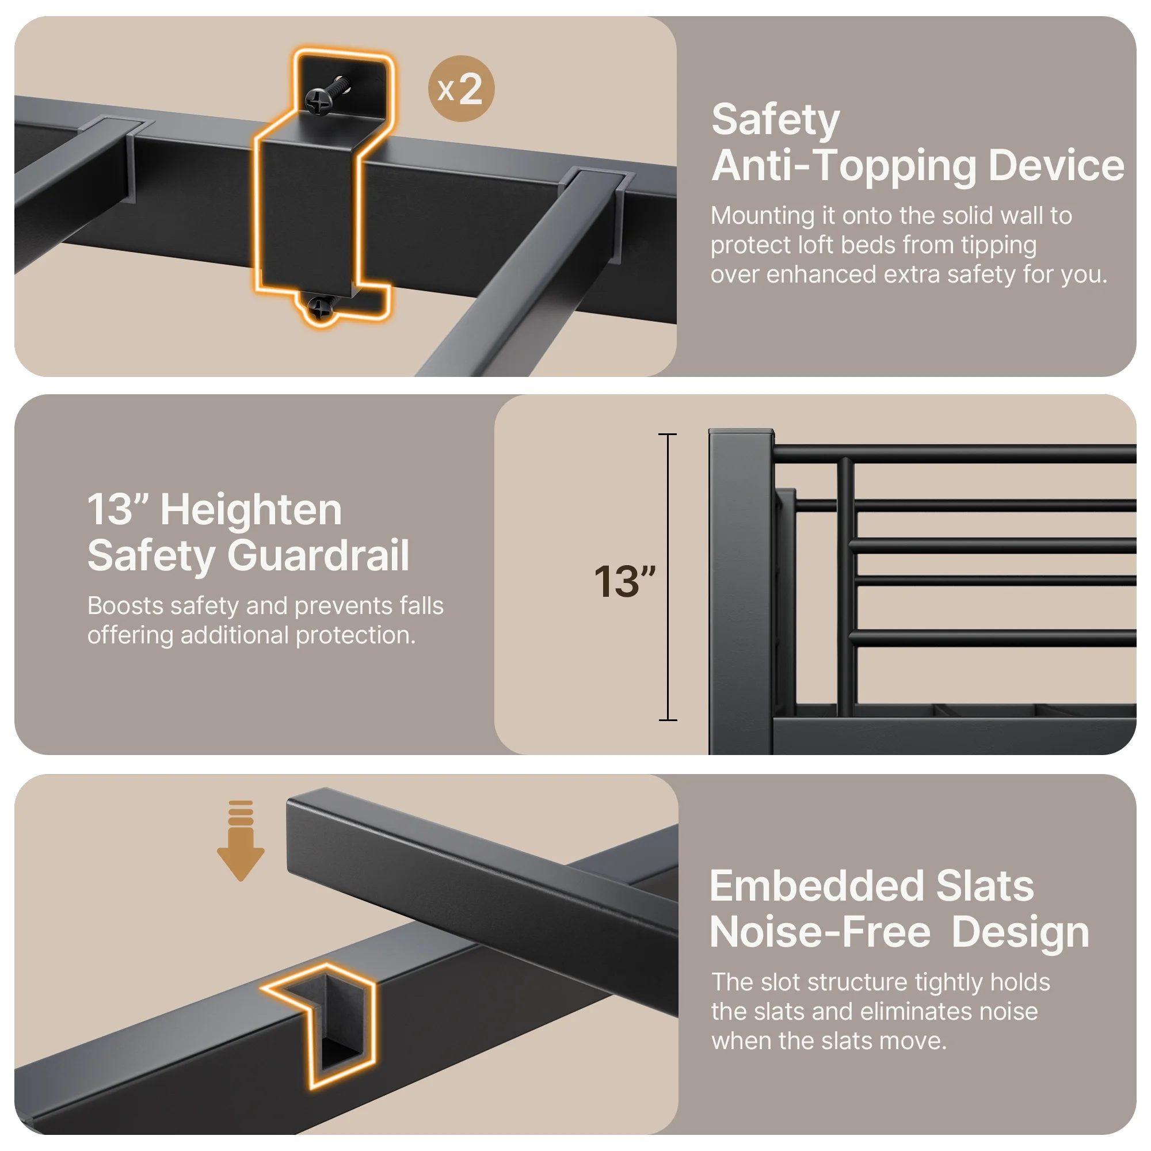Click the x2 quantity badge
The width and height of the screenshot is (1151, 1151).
point(461,89)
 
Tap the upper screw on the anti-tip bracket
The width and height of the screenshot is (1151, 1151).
point(319,101)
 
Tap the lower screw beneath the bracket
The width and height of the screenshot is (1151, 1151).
point(320,308)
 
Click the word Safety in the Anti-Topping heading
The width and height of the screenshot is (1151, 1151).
point(775,121)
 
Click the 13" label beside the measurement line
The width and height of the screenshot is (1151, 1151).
point(624,581)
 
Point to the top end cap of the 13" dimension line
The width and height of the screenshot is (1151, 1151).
point(667,435)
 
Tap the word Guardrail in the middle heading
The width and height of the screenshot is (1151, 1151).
point(318,556)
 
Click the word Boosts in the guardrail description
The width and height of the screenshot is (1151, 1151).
point(125,606)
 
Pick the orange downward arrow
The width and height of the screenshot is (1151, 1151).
point(240,841)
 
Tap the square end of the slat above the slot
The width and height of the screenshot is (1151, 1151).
point(310,834)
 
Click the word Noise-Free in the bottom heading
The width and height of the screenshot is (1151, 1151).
point(820,932)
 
